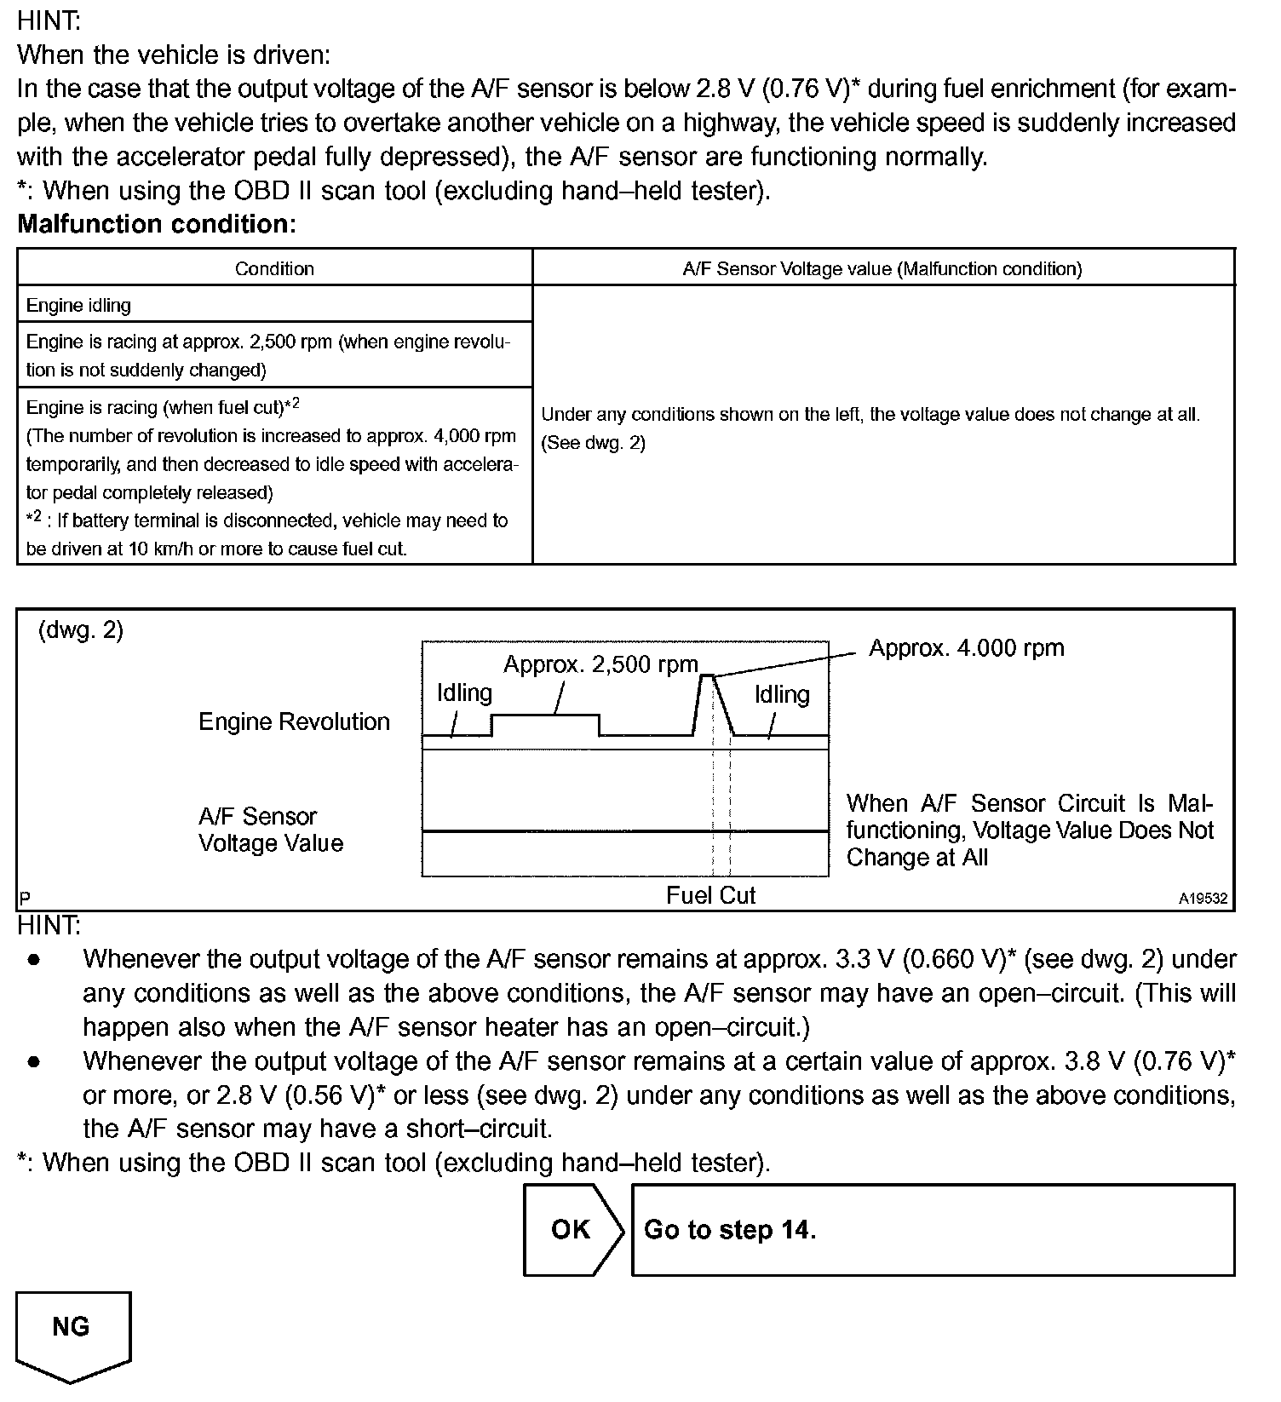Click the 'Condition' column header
tap(274, 269)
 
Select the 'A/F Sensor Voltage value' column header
tap(882, 269)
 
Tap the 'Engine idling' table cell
tap(78, 305)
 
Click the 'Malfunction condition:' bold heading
tap(157, 224)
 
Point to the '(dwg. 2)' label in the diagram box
tap(81, 630)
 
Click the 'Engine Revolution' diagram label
tap(294, 721)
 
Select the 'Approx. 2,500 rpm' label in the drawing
tap(600, 664)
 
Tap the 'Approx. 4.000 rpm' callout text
tap(966, 648)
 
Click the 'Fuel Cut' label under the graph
tap(710, 895)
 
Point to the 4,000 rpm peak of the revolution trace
tap(706, 675)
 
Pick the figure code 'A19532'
tap(1203, 899)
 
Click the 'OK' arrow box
tap(572, 1229)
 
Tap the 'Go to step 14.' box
tap(932, 1229)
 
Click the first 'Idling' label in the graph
tap(464, 693)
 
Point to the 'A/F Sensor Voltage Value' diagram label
tap(271, 830)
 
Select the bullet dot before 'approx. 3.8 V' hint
tap(34, 1062)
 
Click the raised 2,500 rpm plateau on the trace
tap(545, 716)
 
